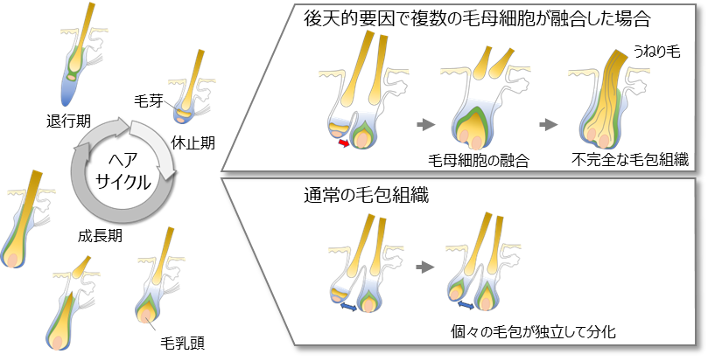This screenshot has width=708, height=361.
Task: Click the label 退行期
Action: tap(70, 117)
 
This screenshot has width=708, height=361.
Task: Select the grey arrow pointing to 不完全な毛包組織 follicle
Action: tap(549, 125)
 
